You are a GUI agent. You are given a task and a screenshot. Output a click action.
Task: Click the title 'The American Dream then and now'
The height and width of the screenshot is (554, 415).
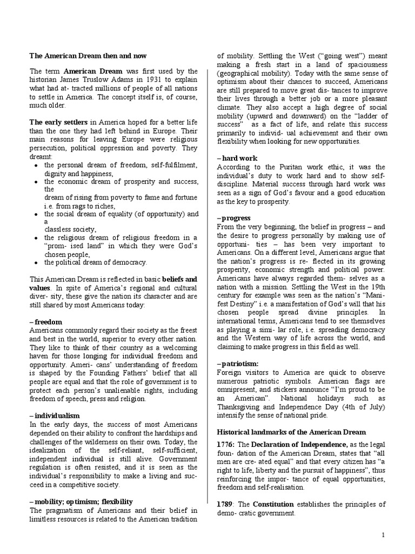[88, 56]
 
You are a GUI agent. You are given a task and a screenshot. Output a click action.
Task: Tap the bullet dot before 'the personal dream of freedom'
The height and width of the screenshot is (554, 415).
[35, 165]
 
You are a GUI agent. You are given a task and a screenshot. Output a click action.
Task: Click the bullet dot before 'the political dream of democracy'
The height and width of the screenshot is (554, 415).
[35, 262]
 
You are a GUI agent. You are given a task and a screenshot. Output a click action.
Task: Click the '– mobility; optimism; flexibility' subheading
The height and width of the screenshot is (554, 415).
[81, 502]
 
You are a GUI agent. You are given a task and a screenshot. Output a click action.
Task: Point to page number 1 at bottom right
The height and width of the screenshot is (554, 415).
[383, 535]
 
